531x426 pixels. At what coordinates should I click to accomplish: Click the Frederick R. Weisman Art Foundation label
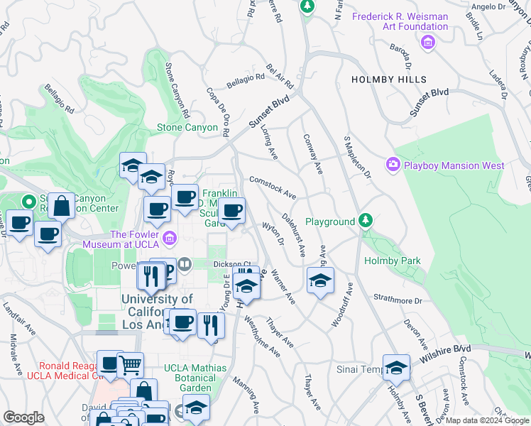click(401, 21)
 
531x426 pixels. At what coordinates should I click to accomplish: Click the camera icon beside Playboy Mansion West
click(393, 165)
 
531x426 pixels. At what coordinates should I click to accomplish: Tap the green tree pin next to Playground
click(365, 220)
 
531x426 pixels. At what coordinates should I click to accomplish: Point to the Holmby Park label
click(392, 261)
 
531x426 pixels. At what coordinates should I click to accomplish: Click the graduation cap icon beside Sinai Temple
click(396, 367)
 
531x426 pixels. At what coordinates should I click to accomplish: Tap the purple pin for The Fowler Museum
click(170, 239)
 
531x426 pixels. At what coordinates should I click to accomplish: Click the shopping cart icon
click(130, 365)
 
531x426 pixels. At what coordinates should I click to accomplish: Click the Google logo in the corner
click(23, 417)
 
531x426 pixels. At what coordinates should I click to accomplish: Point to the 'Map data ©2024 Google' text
click(487, 420)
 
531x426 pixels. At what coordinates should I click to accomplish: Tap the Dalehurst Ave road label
click(293, 234)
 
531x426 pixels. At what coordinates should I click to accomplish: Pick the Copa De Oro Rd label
click(219, 111)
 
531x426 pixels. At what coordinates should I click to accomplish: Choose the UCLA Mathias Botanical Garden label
click(195, 378)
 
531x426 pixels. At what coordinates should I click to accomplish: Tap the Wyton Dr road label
click(273, 234)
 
